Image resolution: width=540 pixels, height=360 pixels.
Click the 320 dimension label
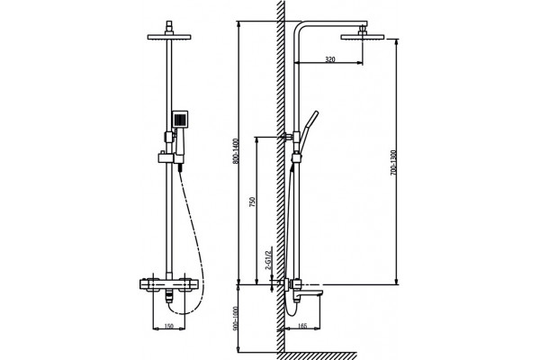pos(330,59)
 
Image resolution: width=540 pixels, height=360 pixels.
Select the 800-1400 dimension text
pos(236,151)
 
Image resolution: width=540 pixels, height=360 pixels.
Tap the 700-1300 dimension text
pos(393,163)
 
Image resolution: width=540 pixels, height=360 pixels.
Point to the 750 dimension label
pos(252,202)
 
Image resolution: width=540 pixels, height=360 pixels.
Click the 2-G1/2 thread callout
pos(268,258)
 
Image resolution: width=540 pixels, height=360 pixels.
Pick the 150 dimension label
pos(169,326)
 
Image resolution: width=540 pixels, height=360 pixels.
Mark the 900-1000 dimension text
pos(236,319)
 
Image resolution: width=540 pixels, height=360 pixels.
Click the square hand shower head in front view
pos(180,119)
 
